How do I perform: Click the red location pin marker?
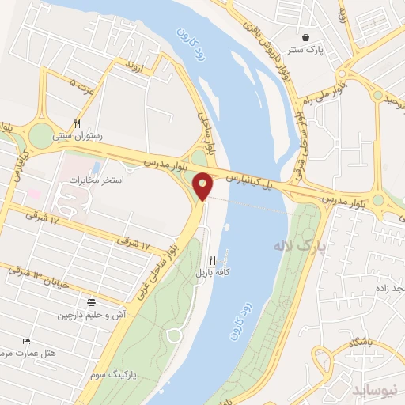coord(203,187)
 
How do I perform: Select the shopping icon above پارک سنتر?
coord(305,38)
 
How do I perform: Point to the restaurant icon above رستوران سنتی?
coord(77,123)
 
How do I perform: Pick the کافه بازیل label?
coord(213,272)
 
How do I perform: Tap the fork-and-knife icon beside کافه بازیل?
coord(212,259)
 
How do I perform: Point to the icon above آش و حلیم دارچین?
coord(91,303)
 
